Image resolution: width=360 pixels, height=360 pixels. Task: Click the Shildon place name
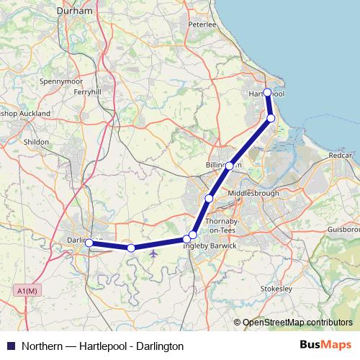pos(36,143)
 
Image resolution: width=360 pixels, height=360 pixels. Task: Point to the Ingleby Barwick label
pos(210,246)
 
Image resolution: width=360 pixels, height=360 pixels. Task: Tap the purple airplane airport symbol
pos(153,253)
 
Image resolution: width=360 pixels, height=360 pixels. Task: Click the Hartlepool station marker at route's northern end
pos(267,92)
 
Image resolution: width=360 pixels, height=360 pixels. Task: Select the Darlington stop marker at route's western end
pos(89,243)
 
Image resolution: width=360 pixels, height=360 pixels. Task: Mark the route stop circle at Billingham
pos(229,166)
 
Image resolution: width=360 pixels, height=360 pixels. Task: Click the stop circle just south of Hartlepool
pos(271,118)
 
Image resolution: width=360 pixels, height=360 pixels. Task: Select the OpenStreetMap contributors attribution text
pos(297,323)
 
